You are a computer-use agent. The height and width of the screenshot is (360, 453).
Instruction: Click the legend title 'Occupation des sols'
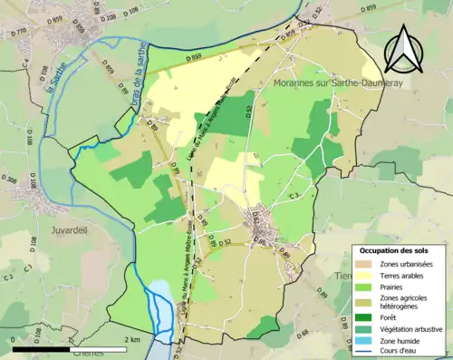coord(394,249)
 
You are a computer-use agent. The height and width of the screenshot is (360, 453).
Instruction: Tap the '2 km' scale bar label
coord(131,339)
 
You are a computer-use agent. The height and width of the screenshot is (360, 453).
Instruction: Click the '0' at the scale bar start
coord(13,339)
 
